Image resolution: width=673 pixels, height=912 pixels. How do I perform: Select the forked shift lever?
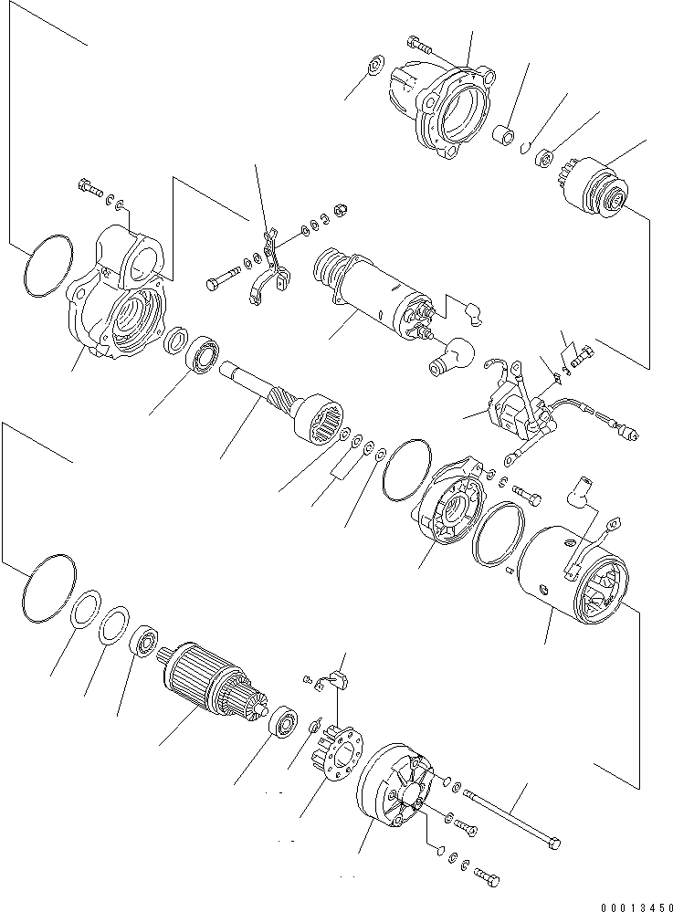270,274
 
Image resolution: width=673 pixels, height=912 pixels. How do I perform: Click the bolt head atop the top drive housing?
417,43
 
